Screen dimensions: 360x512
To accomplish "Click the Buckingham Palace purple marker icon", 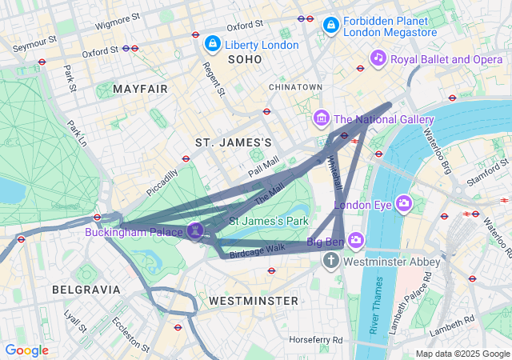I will coord(196,230).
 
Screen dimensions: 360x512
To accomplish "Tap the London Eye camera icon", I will coord(405,204).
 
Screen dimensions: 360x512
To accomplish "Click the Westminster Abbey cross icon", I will coord(332,262).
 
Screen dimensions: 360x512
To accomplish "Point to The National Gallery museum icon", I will coord(322,119).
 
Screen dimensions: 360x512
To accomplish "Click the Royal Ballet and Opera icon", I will coord(378,58).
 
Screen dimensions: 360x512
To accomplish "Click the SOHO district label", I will coord(245,60).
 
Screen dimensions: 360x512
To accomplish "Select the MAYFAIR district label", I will coord(141,88).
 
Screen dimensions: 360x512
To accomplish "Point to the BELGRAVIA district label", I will coord(86,289).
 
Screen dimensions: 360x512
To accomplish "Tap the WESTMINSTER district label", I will coord(253,301).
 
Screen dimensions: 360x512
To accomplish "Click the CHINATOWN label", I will coord(295,86).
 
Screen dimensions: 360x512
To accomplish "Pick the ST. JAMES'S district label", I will coord(234,142).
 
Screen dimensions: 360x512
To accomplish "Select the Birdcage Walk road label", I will coord(258,250).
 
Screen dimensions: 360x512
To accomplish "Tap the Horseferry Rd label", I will coord(316,340).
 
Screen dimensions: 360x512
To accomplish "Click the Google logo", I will coord(26,350).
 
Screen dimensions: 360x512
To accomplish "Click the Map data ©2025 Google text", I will coord(462,354).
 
